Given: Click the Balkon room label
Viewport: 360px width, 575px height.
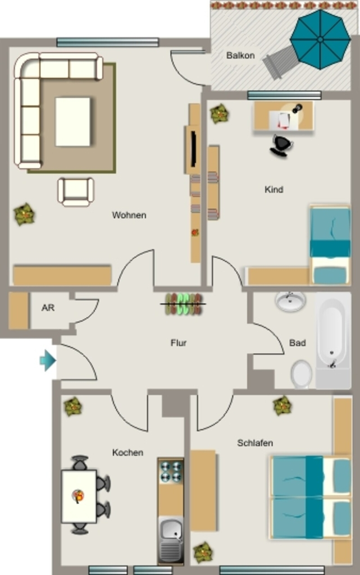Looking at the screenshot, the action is coord(240,56).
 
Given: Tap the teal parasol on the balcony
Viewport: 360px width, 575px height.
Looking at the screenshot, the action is coord(321,39).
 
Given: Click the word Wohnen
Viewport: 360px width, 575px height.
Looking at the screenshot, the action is coord(129,215).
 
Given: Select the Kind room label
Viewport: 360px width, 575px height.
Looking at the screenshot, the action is coord(274,190).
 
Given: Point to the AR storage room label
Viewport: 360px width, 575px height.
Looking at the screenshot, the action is coord(48,308).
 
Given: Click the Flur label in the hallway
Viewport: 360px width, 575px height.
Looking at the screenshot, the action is coord(179,343).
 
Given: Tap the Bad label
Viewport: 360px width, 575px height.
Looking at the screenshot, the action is coord(297,343).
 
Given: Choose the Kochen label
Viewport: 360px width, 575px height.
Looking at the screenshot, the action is coord(127,453).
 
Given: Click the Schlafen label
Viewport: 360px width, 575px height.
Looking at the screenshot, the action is coord(255,443).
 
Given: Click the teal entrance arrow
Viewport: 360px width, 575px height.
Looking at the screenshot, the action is coord(48,360).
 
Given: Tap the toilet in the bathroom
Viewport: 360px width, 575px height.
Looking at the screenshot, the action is coord(302,374).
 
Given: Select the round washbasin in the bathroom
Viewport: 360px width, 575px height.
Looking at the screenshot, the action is coord(290,302).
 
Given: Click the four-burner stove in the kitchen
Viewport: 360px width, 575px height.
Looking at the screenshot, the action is coord(171,472).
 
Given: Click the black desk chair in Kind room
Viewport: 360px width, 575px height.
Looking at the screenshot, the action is coord(281,145).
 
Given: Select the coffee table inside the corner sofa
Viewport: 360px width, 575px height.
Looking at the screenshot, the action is coord(72,122).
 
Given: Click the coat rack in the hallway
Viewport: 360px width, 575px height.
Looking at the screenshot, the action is coord(183,304).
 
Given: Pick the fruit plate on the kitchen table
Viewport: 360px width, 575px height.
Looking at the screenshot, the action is coord(78,496).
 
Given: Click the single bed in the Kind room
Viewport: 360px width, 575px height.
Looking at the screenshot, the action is coord(330,245).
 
